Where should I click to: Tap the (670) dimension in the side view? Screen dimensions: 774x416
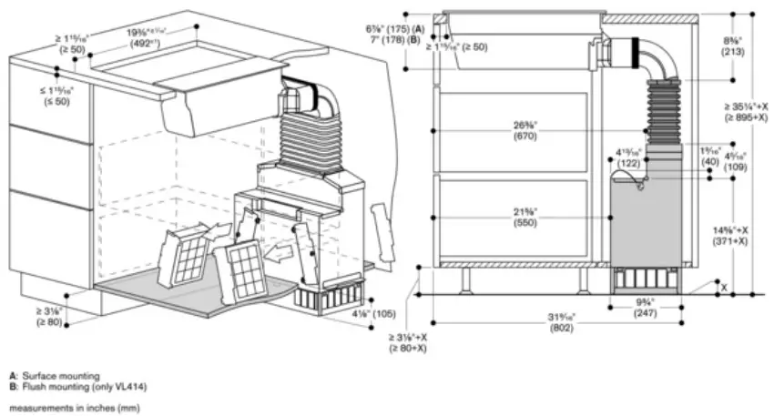(524, 137)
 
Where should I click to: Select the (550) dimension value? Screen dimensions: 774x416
(524, 222)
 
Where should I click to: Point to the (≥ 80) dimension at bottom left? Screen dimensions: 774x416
(47, 321)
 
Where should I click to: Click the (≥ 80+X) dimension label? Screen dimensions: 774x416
(408, 348)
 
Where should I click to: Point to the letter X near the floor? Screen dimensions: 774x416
(724, 286)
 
